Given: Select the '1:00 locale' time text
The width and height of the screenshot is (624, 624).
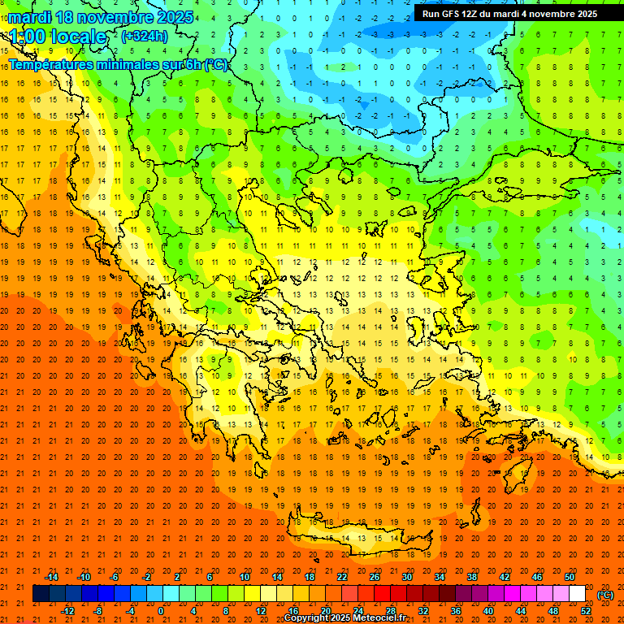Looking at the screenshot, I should click(x=58, y=37).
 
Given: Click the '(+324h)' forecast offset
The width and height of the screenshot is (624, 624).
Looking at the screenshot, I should click(x=145, y=36).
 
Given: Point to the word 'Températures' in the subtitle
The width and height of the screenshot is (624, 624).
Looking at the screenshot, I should click(x=50, y=64).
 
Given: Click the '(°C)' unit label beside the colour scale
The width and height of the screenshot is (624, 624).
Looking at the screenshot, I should click(x=605, y=595).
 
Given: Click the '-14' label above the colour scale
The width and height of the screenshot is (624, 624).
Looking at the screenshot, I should click(x=51, y=577).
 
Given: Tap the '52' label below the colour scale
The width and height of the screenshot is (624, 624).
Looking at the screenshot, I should click(x=586, y=610).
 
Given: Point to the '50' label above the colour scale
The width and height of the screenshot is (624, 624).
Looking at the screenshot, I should click(x=570, y=577).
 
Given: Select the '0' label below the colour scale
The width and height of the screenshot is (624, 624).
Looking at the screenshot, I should click(x=161, y=610).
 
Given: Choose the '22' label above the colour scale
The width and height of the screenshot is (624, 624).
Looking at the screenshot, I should click(x=342, y=577).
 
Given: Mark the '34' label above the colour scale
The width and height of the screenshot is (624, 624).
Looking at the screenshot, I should click(x=440, y=577).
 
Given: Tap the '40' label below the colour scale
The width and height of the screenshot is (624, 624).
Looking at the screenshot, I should click(x=488, y=610).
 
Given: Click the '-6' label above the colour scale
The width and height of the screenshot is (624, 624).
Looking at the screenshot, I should click(x=115, y=577).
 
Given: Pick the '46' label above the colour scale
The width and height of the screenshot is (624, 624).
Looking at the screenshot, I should click(x=537, y=577).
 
